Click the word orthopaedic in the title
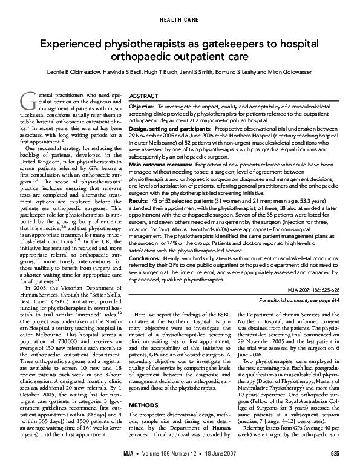(x=138, y=57)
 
